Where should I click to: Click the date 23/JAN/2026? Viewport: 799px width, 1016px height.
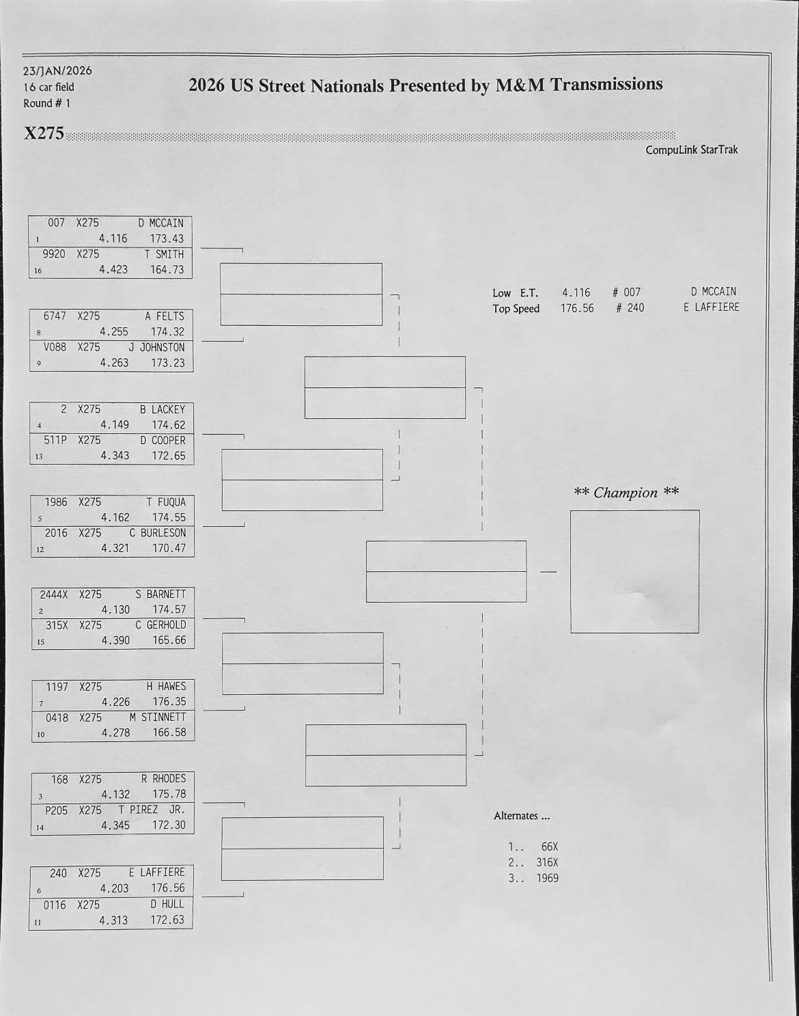pos(57,70)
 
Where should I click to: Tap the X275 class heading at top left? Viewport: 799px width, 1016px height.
pos(44,133)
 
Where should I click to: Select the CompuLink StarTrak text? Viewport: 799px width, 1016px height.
pos(691,150)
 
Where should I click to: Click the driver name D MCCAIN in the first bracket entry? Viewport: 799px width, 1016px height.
pos(160,223)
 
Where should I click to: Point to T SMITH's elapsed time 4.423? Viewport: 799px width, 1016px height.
pos(113,269)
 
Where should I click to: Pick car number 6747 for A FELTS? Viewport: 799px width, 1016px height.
pos(55,316)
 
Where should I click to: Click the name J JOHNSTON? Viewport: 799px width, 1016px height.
pos(156,347)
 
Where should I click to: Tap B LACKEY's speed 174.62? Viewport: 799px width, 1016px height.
pos(168,425)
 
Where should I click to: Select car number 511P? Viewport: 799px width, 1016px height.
pos(55,440)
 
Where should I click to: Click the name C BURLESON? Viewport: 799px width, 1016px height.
pos(157,532)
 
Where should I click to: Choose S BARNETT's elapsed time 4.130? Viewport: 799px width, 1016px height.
pos(115,609)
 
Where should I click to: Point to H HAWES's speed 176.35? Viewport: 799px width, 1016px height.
pos(169,702)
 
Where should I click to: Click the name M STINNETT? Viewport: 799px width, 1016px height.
pos(157,717)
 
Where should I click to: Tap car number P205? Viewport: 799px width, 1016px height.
pos(57,810)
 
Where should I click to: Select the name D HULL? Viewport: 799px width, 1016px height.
pos(167,904)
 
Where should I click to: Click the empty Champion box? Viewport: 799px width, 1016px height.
pos(634,571)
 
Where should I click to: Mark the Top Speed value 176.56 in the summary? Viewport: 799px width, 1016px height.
pos(577,308)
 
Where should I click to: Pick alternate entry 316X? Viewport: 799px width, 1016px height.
pos(547,862)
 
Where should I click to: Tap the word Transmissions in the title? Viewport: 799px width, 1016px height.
pos(606,84)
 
